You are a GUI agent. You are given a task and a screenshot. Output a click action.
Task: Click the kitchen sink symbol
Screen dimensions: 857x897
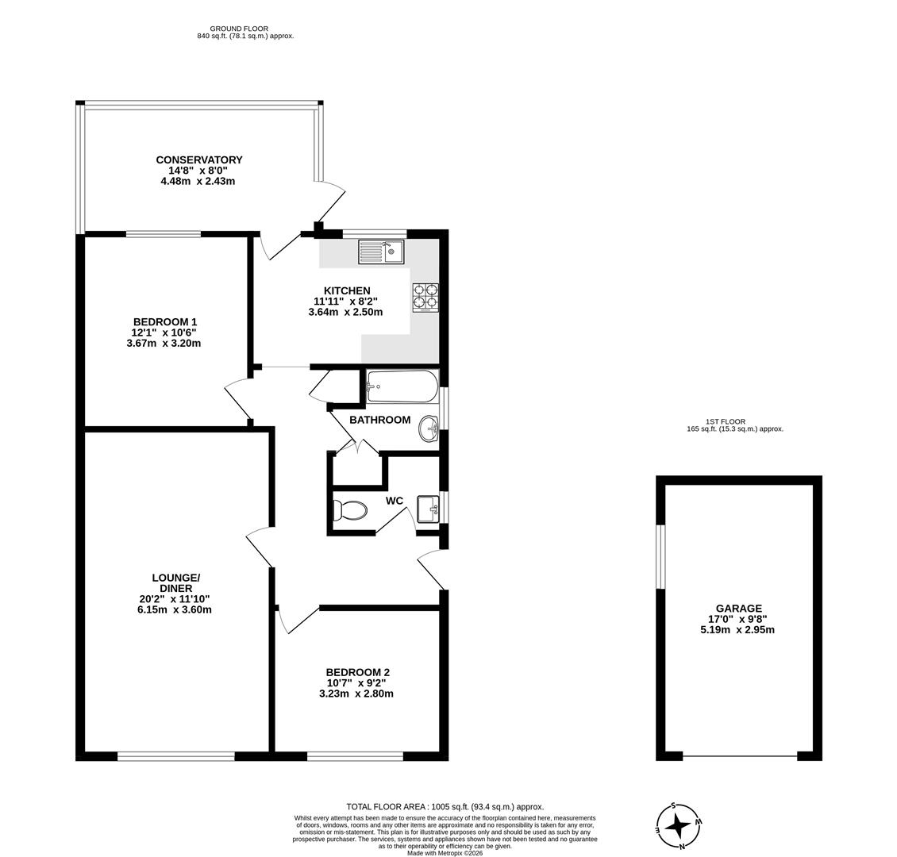[381, 252]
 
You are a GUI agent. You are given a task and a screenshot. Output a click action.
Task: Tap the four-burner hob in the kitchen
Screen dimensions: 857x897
[425, 297]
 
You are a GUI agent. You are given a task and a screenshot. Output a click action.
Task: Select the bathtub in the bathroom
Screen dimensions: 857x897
[402, 386]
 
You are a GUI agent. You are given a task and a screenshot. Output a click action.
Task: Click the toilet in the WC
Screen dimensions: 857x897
[350, 509]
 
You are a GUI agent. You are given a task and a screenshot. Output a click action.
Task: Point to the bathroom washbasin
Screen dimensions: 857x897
[429, 429]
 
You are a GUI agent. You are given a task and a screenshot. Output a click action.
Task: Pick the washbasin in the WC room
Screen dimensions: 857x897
[427, 509]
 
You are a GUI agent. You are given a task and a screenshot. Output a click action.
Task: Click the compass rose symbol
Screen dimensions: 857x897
[678, 826]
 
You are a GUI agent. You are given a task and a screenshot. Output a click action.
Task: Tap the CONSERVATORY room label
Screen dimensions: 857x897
[198, 160]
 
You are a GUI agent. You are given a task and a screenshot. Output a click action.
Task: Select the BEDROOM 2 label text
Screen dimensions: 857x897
[357, 672]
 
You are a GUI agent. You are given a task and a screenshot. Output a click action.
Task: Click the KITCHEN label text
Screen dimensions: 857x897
[346, 290]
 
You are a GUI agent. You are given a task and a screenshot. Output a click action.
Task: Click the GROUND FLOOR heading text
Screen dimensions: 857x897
[239, 29]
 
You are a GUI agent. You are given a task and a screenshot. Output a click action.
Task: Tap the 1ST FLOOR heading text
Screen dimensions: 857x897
[725, 421]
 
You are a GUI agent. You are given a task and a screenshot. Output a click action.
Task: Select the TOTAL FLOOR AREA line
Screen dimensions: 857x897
[445, 806]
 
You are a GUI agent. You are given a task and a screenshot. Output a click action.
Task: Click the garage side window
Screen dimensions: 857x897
[660, 556]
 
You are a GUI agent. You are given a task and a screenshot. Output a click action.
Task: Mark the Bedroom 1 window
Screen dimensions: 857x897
[163, 234]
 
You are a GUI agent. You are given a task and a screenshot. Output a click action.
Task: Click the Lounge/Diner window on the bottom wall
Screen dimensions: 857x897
[175, 756]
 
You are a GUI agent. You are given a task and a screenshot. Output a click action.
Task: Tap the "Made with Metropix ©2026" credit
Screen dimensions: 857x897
[445, 853]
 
